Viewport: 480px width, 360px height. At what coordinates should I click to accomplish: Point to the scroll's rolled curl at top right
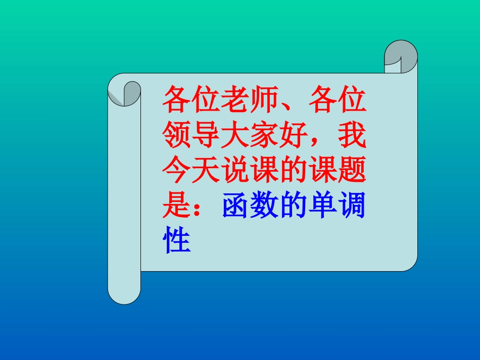[401, 56]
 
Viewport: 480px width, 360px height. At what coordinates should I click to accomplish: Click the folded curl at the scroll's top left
[124, 93]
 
